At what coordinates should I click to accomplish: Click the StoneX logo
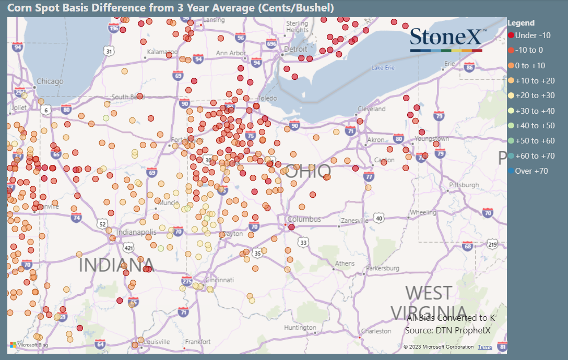pyautogui.click(x=447, y=39)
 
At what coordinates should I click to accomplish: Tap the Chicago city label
pyautogui.click(x=50, y=81)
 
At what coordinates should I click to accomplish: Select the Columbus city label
pyautogui.click(x=303, y=219)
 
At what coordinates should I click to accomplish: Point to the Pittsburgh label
pyautogui.click(x=464, y=185)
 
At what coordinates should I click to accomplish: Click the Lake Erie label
pyautogui.click(x=383, y=68)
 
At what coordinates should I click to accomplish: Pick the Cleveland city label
pyautogui.click(x=372, y=109)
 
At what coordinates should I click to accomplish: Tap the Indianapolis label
pyautogui.click(x=136, y=232)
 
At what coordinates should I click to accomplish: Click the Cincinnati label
pyautogui.click(x=219, y=280)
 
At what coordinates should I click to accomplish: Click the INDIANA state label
pyautogui.click(x=116, y=265)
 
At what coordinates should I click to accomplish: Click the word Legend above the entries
pyautogui.click(x=521, y=23)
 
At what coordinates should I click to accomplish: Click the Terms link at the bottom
pyautogui.click(x=484, y=347)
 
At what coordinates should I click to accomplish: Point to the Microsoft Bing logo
pyautogui.click(x=29, y=345)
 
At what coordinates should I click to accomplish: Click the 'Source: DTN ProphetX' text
pyautogui.click(x=448, y=330)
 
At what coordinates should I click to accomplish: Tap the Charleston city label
pyautogui.click(x=376, y=331)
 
